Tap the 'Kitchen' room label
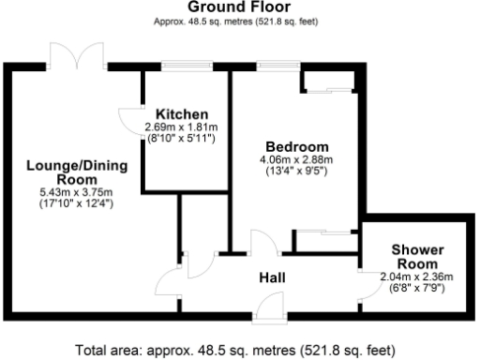(x=181, y=114)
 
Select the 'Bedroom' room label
(x=296, y=147)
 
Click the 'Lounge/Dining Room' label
(x=63, y=172)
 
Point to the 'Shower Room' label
(x=416, y=257)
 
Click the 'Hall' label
(x=273, y=278)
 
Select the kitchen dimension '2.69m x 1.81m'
(x=181, y=127)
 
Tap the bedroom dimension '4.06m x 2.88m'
(x=296, y=160)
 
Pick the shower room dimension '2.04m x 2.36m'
(x=416, y=277)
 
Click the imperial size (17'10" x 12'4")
(x=63, y=202)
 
